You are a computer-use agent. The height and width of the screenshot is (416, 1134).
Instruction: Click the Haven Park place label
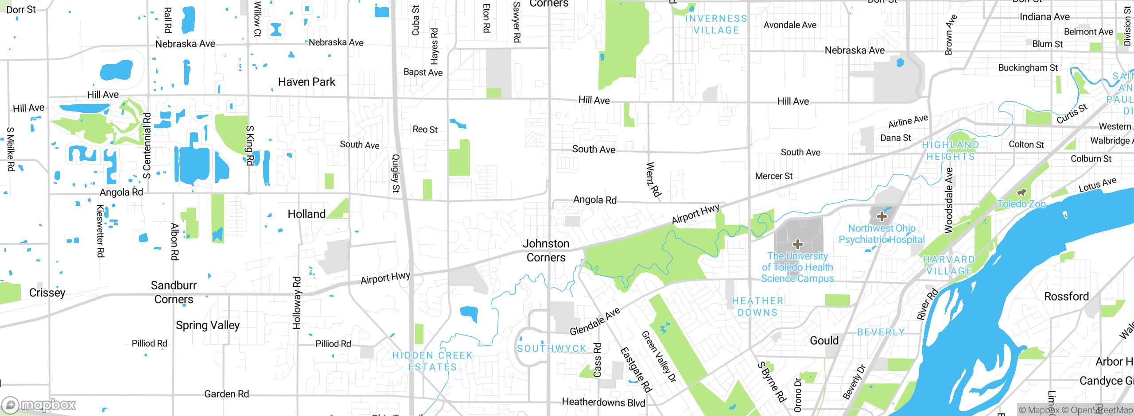pyautogui.click(x=307, y=82)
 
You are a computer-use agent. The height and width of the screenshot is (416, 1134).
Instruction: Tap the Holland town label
pyautogui.click(x=307, y=214)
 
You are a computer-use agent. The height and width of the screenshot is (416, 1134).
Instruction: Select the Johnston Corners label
pyautogui.click(x=546, y=250)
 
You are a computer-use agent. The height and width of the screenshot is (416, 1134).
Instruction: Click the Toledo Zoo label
pyautogui.click(x=1021, y=204)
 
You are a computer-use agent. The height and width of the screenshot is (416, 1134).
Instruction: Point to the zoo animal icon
pyautogui.click(x=1021, y=192)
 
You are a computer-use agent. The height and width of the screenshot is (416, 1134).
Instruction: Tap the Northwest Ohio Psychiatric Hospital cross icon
pyautogui.click(x=882, y=216)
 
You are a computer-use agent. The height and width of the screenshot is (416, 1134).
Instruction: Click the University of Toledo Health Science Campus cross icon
pyautogui.click(x=798, y=244)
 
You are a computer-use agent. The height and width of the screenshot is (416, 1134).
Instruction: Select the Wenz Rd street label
pyautogui.click(x=653, y=179)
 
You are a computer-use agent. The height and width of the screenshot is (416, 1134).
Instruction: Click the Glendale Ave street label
pyautogui.click(x=594, y=322)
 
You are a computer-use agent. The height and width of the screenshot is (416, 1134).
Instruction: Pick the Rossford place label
pyautogui.click(x=1066, y=297)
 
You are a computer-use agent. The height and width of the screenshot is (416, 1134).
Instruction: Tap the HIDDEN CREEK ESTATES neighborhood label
pyautogui.click(x=432, y=361)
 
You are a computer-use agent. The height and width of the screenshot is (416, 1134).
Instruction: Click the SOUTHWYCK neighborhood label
pyautogui.click(x=551, y=349)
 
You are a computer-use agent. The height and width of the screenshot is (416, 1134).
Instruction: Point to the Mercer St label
pyautogui.click(x=773, y=176)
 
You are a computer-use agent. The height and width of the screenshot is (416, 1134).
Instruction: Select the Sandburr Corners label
pyautogui.click(x=174, y=293)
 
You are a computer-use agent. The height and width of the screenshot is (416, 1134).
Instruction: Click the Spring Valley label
pyautogui.click(x=207, y=325)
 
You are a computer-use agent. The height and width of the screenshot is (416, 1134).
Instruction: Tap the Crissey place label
pyautogui.click(x=47, y=293)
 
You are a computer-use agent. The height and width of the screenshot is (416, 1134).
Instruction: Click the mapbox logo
pyautogui.click(x=39, y=405)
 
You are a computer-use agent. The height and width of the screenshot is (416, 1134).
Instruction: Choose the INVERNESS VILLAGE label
pyautogui.click(x=716, y=24)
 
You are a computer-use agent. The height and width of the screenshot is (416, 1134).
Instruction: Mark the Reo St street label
pyautogui.click(x=425, y=129)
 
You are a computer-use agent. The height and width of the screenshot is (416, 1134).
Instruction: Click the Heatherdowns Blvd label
pyautogui.click(x=603, y=402)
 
